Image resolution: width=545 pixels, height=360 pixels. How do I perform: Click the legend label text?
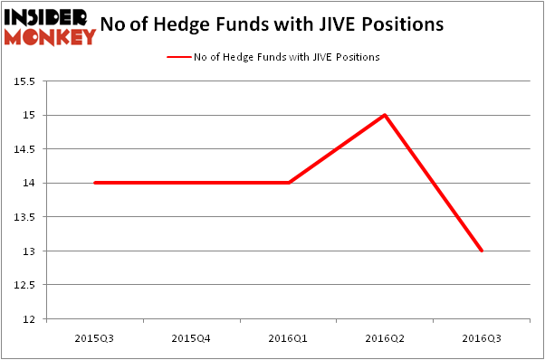point(286,57)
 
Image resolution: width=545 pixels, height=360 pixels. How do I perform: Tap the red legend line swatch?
point(177,57)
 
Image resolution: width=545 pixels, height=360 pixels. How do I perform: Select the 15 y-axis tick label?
point(29,116)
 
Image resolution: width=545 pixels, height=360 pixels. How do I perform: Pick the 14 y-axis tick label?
point(29,184)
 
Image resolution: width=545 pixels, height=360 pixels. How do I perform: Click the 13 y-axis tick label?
point(29,251)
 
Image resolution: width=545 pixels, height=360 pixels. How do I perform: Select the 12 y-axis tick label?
point(29,319)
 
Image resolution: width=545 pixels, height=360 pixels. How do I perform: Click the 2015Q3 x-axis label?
point(94,337)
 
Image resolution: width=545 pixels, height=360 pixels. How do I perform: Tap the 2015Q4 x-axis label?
point(191,337)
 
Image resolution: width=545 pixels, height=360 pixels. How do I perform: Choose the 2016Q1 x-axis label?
point(288,337)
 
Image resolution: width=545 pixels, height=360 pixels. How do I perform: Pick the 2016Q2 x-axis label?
point(385,337)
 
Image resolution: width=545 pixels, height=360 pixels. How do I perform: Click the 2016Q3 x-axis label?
point(482,337)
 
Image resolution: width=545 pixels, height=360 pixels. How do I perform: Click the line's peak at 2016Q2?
point(385,115)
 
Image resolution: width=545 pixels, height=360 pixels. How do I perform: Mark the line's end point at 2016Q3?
point(482,251)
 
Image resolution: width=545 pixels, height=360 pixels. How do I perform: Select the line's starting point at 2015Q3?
point(94,183)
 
